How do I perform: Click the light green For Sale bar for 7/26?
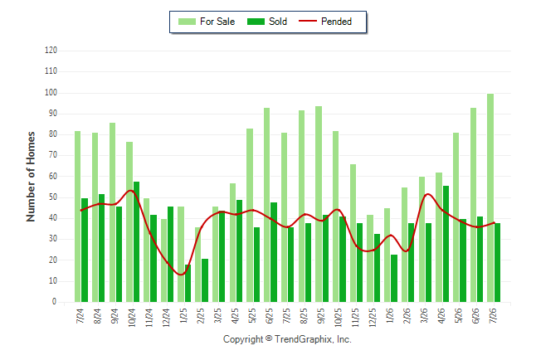[490, 197]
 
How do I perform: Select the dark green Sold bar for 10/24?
[136, 241]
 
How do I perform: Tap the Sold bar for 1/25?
[188, 283]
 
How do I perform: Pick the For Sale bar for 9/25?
[319, 204]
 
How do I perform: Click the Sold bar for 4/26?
[446, 244]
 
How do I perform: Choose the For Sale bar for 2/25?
[198, 265]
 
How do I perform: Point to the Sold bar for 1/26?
[394, 278]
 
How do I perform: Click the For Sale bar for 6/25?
[267, 205]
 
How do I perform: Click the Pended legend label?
[336, 22]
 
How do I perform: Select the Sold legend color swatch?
[256, 22]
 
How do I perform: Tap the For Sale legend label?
[217, 22]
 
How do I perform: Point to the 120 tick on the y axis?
[51, 51]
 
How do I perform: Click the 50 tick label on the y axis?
[53, 197]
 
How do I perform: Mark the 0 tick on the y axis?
[55, 302]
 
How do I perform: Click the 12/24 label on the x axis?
[167, 317]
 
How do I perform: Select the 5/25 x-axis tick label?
[252, 315]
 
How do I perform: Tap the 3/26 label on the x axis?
[424, 315]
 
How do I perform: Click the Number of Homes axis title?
[31, 177]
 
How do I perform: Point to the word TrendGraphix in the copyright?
[303, 339]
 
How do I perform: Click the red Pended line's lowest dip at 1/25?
[181, 275]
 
